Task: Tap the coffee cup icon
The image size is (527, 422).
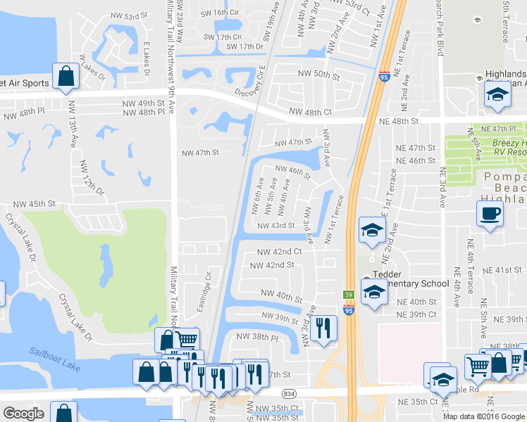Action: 490,213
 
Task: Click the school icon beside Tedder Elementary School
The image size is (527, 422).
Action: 373,291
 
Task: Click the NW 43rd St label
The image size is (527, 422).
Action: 275,226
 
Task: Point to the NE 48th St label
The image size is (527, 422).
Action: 399,121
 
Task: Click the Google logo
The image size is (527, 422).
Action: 23,414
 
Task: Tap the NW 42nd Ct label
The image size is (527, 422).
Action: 279,251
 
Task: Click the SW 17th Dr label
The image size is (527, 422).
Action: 244,47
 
